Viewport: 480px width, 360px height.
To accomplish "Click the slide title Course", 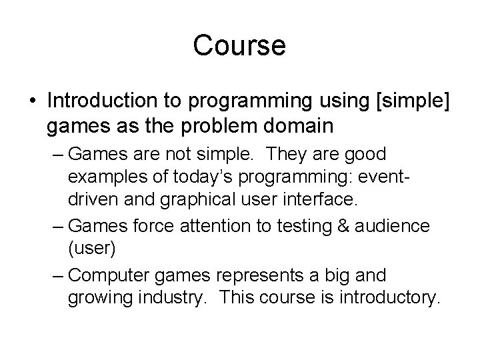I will tap(239, 46).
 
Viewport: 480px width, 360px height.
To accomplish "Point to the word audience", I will tap(395, 226).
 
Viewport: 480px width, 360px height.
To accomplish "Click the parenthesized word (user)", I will tap(93, 250).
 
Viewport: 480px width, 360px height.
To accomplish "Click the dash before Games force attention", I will tap(57, 226).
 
